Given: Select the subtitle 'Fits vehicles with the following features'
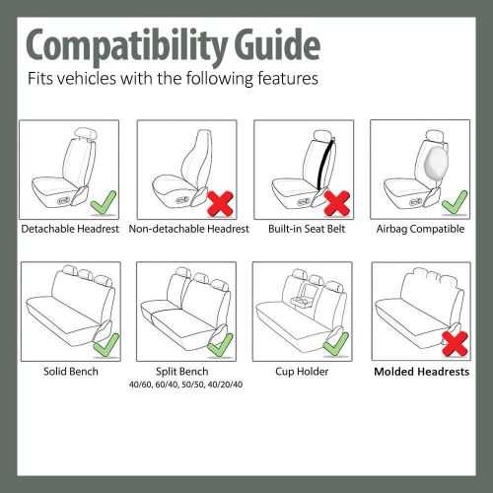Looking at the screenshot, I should tap(172, 79).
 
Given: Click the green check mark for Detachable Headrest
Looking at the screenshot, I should tap(102, 204).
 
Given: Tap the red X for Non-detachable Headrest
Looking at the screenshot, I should tap(219, 205).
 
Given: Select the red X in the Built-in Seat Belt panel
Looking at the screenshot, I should tap(338, 204).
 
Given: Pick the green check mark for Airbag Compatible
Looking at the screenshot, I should tap(453, 204).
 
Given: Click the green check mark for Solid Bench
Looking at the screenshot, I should tap(104, 344).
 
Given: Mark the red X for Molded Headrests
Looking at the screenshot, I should tap(453, 344).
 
